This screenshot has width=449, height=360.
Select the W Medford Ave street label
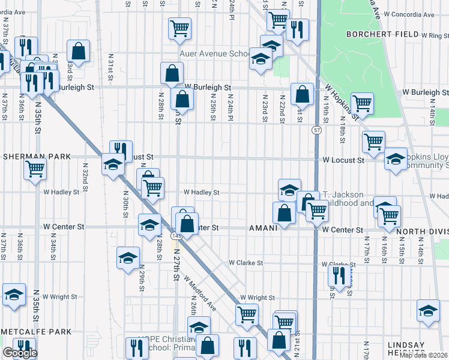[200, 293]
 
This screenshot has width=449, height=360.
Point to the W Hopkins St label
[341, 102]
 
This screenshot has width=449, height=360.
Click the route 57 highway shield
[316, 130]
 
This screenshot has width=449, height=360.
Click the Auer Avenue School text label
[214, 53]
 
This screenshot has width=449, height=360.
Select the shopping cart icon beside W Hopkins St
[362, 103]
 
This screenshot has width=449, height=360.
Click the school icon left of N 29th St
[128, 258]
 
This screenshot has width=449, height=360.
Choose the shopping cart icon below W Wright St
[247, 314]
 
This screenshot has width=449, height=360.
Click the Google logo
[20, 353]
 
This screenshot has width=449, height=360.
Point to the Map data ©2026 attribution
[423, 355]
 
